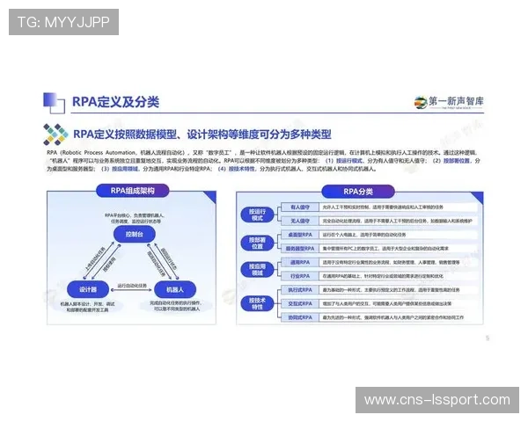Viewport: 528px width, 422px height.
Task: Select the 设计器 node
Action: click(89, 289)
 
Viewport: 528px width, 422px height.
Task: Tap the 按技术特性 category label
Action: click(257, 302)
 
